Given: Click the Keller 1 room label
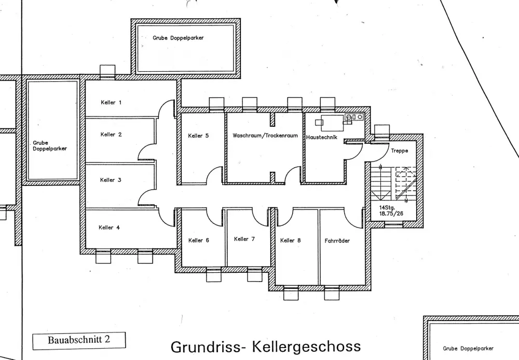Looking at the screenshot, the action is tap(111, 102).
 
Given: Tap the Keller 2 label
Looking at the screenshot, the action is tap(111, 135).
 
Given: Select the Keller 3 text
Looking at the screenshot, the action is tap(111, 180).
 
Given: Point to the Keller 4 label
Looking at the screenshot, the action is tap(109, 228).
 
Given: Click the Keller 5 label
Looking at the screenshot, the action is tap(198, 136).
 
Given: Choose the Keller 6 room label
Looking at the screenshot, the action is tap(199, 241).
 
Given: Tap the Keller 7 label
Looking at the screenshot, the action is tap(244, 239).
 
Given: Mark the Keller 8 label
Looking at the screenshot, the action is tap(290, 241).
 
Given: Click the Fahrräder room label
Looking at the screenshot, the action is tap(337, 241).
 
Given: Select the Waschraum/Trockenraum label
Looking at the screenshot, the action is tap(265, 136).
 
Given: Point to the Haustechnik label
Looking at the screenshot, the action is tap(321, 137).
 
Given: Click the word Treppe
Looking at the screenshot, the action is tap(399, 151).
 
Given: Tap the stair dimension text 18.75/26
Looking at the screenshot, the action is tap(391, 214).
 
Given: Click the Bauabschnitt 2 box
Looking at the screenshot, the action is tap(79, 340).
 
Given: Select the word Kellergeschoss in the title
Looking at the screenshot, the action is tap(306, 346).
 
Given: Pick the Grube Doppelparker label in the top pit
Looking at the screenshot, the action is tap(178, 38).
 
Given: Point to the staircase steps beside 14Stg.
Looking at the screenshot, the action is tap(393, 184).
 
